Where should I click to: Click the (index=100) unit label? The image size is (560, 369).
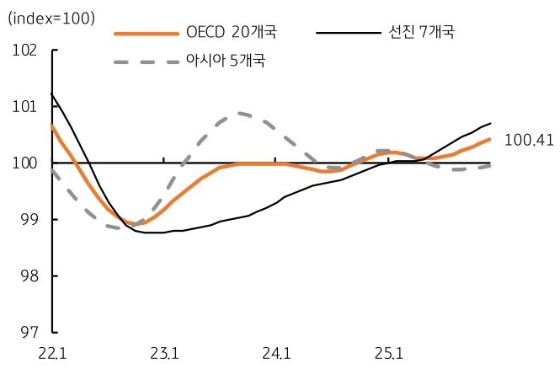51,18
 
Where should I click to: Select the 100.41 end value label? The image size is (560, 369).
526,140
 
